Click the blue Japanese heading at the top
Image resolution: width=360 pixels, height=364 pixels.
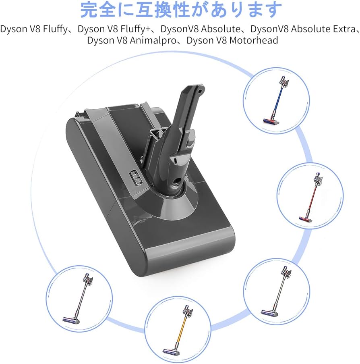point(181,10)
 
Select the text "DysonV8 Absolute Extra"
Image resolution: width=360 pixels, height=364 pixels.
point(304,29)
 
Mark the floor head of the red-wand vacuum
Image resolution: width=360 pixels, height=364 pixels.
point(305,218)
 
